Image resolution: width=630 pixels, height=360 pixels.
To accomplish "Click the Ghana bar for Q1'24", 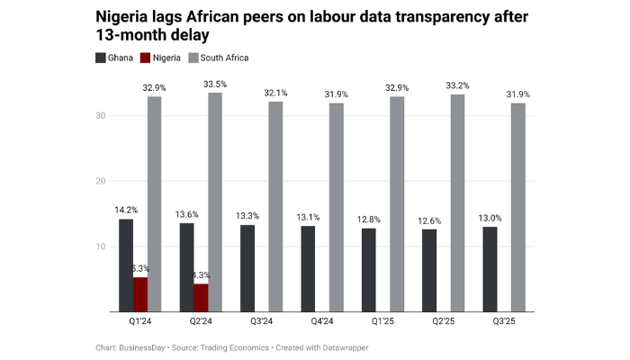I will [126, 265].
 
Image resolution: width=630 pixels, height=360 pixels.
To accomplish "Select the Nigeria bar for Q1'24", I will [140, 294].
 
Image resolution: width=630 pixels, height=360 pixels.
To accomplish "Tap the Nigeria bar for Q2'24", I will [201, 298].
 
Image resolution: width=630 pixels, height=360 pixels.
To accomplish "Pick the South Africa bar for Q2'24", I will [215, 202].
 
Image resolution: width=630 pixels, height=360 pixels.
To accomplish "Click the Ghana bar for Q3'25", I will [490, 269].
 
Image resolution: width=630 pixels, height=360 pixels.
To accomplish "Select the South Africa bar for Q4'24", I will [336, 208].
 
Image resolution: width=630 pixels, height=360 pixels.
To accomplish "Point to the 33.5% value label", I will [215, 85].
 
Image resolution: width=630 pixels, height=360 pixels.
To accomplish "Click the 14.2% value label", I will [125, 211].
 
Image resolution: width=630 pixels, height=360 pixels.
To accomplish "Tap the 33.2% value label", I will [457, 85].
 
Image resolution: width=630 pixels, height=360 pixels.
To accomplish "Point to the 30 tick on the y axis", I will [102, 116].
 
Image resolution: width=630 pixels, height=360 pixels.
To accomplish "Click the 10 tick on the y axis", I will [102, 247].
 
